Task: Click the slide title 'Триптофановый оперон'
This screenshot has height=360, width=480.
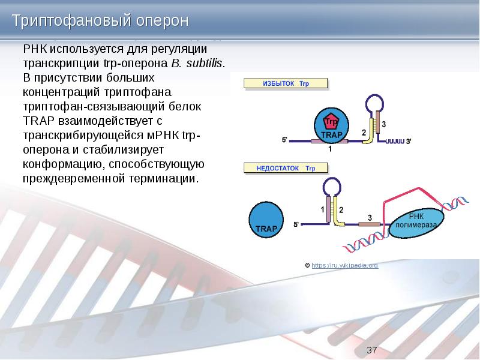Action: [x=101, y=21]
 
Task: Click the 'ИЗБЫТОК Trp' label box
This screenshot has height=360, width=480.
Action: [x=286, y=83]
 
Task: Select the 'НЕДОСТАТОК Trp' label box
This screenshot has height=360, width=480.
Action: [x=286, y=169]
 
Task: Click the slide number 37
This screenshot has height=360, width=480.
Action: [x=371, y=350]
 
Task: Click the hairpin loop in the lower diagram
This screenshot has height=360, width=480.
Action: [x=332, y=188]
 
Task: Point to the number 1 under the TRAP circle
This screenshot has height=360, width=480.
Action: [x=329, y=150]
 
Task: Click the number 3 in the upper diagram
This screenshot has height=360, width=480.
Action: [x=383, y=124]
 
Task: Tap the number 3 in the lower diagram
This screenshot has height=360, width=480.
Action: [x=370, y=217]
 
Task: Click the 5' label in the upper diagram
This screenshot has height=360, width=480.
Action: [x=285, y=140]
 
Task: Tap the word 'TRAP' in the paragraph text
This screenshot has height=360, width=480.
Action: [x=40, y=120]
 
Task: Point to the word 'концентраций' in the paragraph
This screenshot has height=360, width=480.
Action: [x=58, y=92]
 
